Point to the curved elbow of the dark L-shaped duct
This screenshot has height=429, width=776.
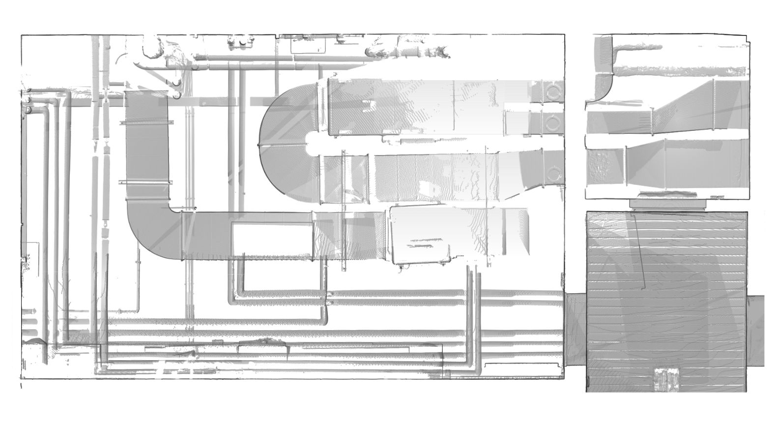(147, 231)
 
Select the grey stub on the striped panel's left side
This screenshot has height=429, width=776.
(575, 330)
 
